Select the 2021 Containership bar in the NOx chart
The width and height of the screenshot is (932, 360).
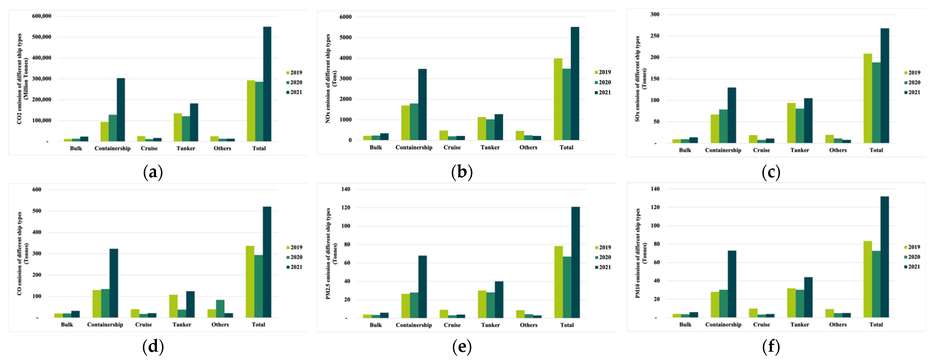coord(422,105)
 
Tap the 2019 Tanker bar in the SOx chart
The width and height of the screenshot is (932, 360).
coord(791,123)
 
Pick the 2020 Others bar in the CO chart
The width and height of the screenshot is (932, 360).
coord(220,309)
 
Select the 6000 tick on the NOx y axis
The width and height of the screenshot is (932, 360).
coord(345,17)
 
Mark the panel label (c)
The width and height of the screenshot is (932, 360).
coord(771,172)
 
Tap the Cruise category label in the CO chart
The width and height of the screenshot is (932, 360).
coord(143,324)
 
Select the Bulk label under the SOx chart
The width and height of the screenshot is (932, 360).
coord(685,150)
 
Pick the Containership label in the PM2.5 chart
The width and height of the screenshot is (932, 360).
coord(413,325)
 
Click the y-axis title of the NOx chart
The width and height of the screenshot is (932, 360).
coord(331,78)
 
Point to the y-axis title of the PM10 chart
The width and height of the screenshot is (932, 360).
coord(640,253)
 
